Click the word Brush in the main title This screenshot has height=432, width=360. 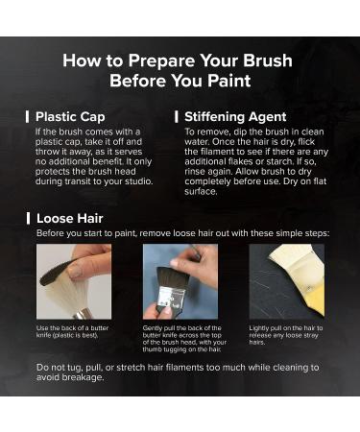click(267, 60)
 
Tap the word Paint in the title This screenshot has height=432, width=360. click(229, 81)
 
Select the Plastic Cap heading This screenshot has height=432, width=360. click(70, 117)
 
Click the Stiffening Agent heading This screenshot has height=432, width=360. click(235, 117)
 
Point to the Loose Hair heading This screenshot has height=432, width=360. click(70, 219)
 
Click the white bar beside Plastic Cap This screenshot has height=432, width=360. click(28, 117)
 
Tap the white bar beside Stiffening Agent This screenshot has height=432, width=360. click(177, 117)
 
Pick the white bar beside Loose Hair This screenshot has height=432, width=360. click(28, 219)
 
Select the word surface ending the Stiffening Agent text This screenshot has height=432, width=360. click(201, 191)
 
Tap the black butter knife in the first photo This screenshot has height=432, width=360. click(56, 272)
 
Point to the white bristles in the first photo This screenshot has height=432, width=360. click(65, 294)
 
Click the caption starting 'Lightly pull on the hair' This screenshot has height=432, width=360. click(286, 335)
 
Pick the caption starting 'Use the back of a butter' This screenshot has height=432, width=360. click(72, 331)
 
